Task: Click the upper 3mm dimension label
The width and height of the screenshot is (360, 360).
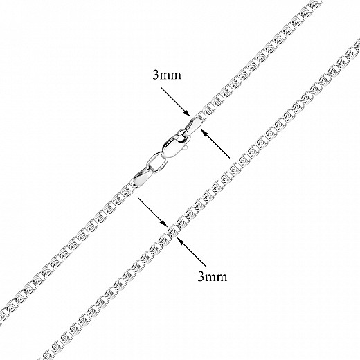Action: click(x=167, y=75)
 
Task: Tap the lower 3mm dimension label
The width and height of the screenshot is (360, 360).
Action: click(x=213, y=276)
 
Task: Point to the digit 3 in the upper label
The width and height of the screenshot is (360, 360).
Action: click(x=156, y=75)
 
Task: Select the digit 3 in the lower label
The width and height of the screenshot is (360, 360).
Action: click(x=201, y=276)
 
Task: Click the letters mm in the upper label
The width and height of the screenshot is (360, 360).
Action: click(x=170, y=76)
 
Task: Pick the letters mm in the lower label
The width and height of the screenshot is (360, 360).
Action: click(x=216, y=278)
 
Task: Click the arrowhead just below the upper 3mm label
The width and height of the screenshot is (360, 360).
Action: click(x=188, y=114)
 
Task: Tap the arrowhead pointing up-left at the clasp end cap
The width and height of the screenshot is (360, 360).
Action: click(x=204, y=132)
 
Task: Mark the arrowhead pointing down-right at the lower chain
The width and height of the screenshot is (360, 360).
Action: click(x=164, y=224)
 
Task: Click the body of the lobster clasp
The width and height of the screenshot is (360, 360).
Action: click(x=173, y=147)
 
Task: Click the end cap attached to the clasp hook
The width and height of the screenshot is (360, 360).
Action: click(x=192, y=126)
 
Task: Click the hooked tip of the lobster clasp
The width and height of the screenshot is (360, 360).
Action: click(x=180, y=134)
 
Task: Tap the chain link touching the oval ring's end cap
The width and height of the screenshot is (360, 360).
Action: click(x=127, y=190)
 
